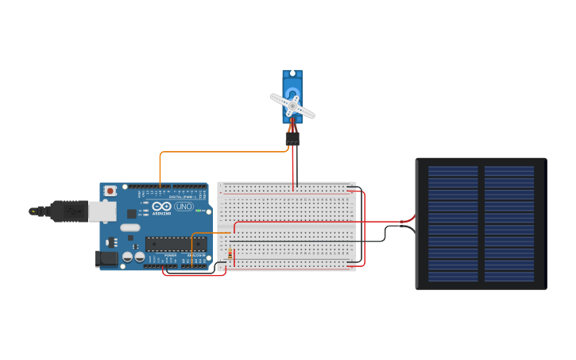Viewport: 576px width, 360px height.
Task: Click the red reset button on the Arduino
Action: (x=110, y=191)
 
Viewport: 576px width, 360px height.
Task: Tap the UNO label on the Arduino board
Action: (x=184, y=207)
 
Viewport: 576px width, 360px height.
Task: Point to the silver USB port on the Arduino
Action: (x=102, y=211)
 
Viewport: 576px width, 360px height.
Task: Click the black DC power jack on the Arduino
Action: (x=105, y=258)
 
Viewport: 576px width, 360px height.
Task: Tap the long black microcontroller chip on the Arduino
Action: (x=175, y=244)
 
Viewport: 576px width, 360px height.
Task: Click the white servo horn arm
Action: (x=292, y=106)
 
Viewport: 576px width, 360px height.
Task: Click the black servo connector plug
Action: (x=292, y=139)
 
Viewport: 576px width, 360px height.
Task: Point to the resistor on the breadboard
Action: (x=230, y=255)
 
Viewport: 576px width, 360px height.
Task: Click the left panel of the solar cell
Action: (x=453, y=223)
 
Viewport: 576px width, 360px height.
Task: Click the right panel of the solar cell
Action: (x=509, y=223)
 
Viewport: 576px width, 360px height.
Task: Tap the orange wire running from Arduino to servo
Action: (x=222, y=151)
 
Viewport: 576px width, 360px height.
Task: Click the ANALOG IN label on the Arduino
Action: (x=195, y=255)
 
